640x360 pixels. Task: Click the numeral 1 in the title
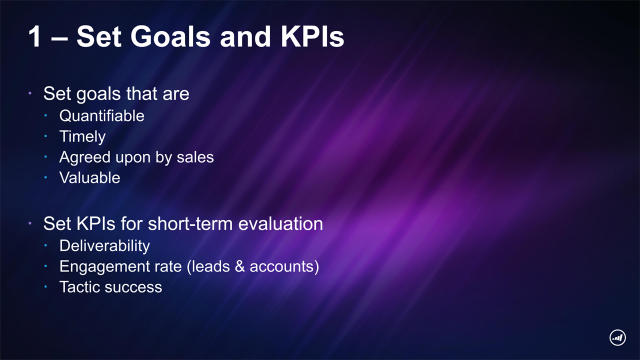pos(34,36)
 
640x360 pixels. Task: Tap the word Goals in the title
pos(170,36)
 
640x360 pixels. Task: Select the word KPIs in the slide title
pos(312,36)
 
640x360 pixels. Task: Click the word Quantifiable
pos(101,116)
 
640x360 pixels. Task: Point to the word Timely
pos(82,137)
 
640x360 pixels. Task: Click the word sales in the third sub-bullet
pos(195,157)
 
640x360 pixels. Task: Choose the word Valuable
pos(89,177)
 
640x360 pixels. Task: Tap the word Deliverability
pos(104,246)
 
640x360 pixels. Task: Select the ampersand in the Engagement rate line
pos(239,266)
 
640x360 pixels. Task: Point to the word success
pos(133,287)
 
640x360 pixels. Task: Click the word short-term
pos(190,223)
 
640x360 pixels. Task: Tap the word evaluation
pos(280,223)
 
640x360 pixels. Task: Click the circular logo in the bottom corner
pos(617,337)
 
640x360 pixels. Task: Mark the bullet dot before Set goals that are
pos(30,93)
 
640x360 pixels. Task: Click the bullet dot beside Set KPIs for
pos(30,223)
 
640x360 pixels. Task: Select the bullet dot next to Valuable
pos(45,177)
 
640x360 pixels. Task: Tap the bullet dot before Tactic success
pos(45,286)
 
